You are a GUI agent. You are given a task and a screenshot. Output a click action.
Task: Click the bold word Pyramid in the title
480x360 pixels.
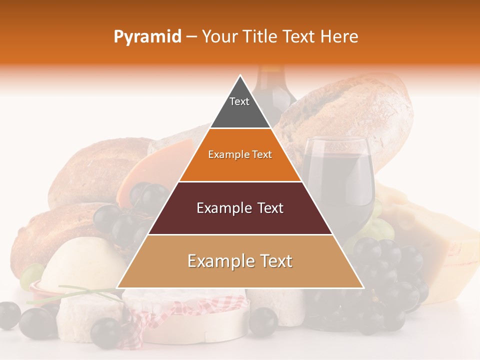[147, 37]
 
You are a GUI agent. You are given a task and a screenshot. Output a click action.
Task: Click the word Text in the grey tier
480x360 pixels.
[239, 101]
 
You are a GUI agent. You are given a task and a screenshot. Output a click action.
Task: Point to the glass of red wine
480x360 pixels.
[340, 175]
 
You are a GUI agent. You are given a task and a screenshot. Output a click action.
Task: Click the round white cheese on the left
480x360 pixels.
[75, 265]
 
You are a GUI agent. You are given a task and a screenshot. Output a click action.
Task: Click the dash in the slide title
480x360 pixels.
[191, 37]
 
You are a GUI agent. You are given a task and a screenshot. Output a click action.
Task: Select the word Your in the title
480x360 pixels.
[218, 37]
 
